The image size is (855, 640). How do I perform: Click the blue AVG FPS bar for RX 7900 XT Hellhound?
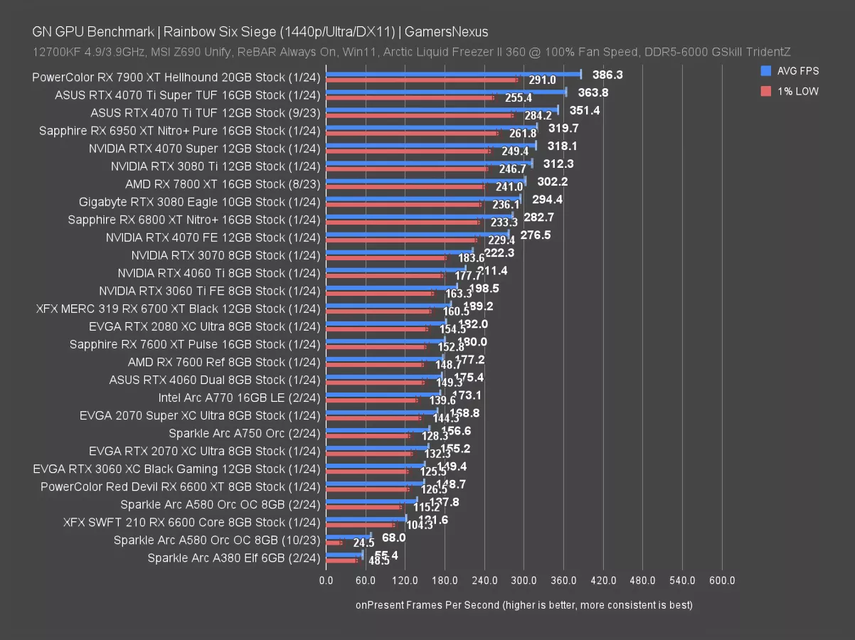tap(453, 74)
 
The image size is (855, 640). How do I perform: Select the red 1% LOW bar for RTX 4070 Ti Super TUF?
tap(409, 97)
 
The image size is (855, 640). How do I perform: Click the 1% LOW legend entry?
tap(791, 91)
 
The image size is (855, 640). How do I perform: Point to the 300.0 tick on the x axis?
tap(524, 581)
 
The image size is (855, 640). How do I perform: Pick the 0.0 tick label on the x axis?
tap(326, 581)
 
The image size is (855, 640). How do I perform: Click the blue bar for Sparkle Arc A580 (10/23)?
tap(348, 536)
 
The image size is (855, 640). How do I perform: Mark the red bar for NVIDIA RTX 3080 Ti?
tap(406, 169)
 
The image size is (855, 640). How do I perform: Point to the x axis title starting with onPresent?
tap(524, 605)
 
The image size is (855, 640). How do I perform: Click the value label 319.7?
tap(563, 128)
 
